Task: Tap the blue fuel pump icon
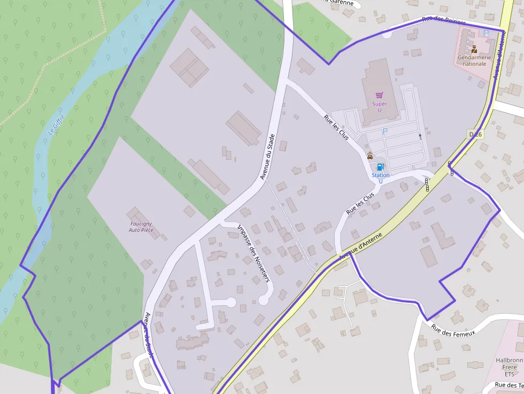(x=380, y=167)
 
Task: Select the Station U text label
(x=381, y=178)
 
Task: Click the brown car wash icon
(x=370, y=156)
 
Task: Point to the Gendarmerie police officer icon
(x=474, y=49)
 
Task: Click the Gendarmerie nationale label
(x=472, y=60)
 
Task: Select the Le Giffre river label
(x=56, y=124)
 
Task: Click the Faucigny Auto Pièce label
(x=141, y=227)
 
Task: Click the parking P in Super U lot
(x=384, y=131)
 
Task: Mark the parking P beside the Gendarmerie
(x=486, y=33)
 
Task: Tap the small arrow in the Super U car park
(x=420, y=136)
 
